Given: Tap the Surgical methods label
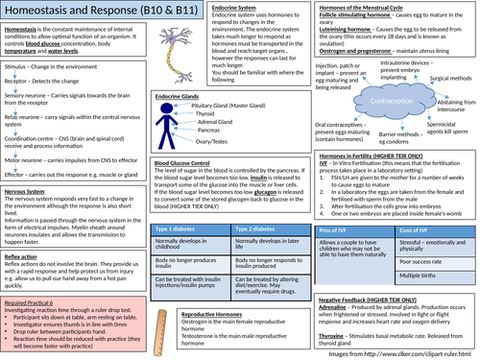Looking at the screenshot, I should click(443, 111).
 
